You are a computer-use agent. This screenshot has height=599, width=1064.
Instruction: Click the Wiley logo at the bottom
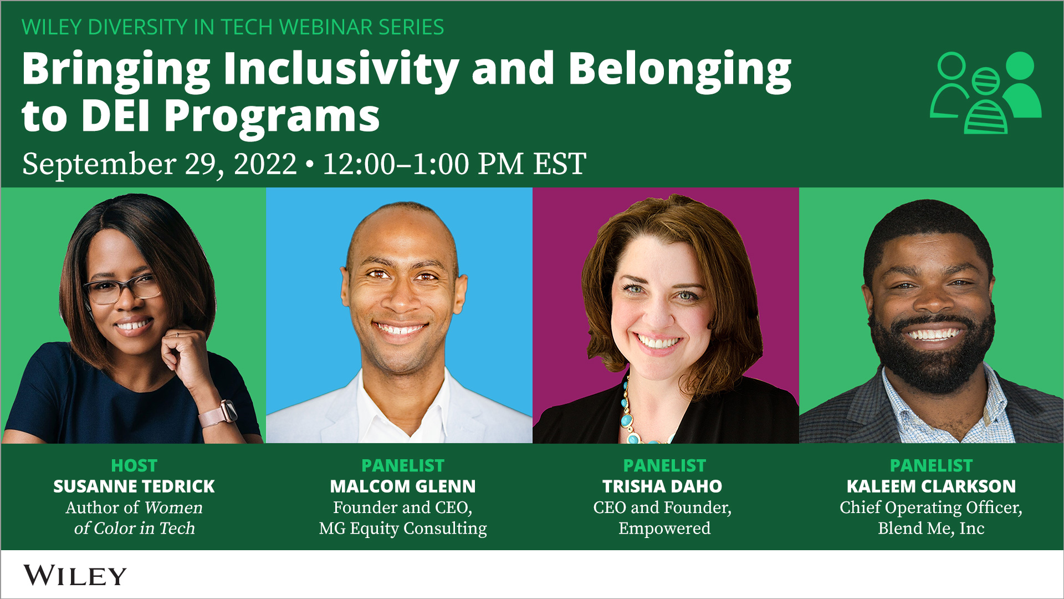75,576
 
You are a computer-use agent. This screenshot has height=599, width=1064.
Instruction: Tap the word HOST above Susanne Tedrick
134,465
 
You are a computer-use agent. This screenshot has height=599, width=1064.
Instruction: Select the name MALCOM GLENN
402,486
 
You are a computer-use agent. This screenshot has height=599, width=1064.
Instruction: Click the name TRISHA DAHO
662,486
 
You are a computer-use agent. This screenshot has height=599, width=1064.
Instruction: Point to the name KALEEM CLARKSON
931,486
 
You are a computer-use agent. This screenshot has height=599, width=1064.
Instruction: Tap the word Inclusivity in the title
341,69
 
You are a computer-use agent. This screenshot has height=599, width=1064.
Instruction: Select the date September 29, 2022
160,164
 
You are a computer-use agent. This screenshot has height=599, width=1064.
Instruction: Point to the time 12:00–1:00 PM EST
454,164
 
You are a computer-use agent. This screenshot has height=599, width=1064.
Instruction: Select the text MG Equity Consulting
402,529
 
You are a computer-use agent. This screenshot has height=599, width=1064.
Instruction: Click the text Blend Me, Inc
931,529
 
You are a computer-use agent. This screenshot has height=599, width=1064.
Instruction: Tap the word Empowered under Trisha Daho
664,529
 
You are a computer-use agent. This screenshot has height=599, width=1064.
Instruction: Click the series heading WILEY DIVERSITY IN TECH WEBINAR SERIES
233,27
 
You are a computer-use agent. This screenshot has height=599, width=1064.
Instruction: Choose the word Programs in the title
272,116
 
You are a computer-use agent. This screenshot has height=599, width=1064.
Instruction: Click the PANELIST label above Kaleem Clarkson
931,465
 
